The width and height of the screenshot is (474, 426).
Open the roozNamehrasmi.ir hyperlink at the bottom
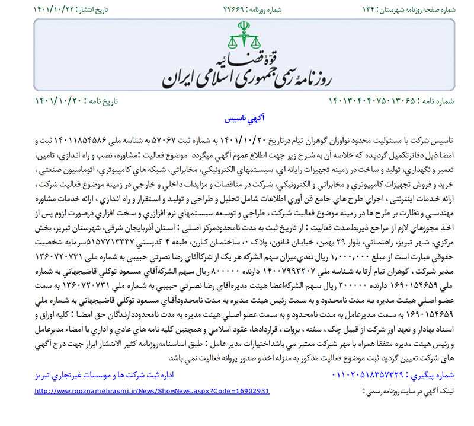click(152, 392)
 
